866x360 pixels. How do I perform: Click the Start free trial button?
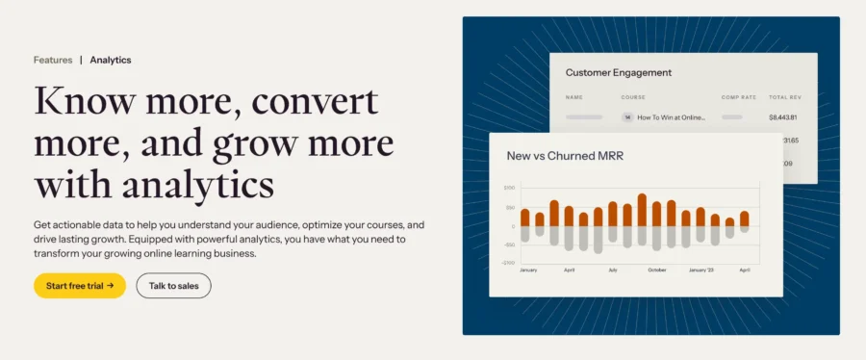point(80,285)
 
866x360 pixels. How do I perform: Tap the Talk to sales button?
point(173,285)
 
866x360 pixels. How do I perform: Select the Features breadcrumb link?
point(53,60)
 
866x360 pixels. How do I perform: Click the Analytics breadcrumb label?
point(111,60)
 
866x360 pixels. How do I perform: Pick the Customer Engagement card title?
point(619,72)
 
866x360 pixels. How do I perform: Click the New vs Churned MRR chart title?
point(563,155)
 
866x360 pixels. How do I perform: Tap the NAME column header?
point(574,97)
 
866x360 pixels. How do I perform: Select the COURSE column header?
point(633,97)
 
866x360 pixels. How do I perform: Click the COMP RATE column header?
point(738,97)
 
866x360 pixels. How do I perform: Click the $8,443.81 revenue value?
point(782,117)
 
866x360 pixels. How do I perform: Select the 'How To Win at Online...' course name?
point(671,117)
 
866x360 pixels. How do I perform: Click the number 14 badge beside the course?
point(627,117)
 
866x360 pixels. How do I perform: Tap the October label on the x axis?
point(656,270)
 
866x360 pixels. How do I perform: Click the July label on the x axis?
point(612,270)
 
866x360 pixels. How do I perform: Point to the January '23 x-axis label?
point(700,270)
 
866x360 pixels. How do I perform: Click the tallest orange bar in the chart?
point(642,210)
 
